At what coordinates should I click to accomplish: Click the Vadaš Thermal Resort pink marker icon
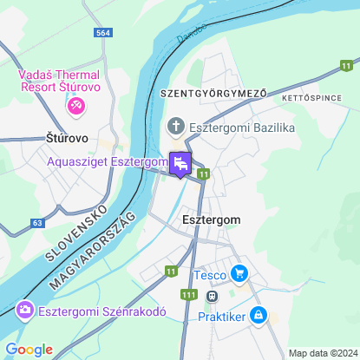75,105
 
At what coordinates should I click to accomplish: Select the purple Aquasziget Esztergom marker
180,163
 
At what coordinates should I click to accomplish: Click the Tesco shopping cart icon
239,275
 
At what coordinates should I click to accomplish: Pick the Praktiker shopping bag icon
258,317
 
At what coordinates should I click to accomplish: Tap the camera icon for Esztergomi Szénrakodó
24,309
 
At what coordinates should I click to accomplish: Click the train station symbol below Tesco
211,296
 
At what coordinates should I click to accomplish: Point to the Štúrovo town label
66,137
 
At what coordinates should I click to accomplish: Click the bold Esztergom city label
212,220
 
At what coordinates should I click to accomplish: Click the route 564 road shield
104,32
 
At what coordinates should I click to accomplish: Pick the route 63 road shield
37,223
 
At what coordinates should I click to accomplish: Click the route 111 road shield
188,295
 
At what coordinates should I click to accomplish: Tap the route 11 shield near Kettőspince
347,65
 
